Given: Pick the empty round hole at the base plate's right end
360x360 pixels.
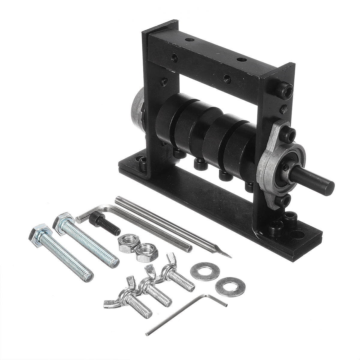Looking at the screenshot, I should [300, 235].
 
